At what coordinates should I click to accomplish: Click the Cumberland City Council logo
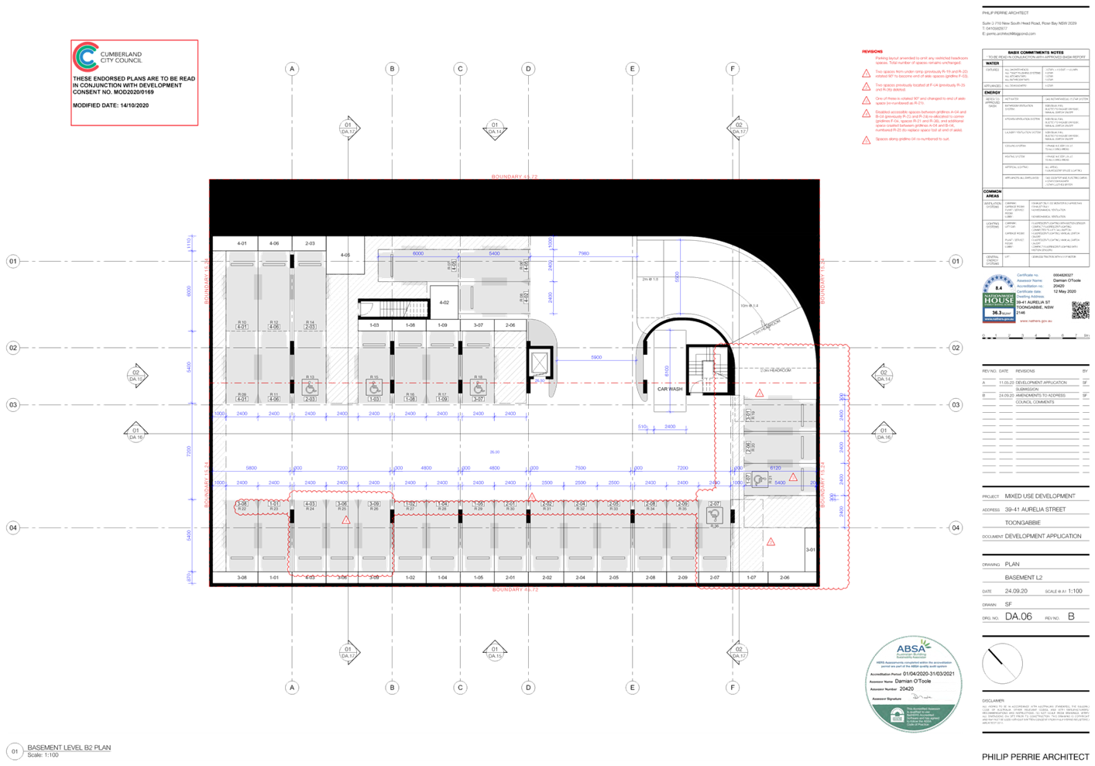[x=85, y=57]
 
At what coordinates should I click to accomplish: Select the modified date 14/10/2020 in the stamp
[x=134, y=105]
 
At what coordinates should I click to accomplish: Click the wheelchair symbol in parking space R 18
[x=478, y=387]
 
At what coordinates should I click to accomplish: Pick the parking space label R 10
[x=242, y=322]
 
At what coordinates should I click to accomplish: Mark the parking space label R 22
[x=242, y=508]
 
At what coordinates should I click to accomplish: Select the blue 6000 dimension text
[x=418, y=253]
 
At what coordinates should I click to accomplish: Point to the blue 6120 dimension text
[x=775, y=468]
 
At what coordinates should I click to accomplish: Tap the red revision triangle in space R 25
[x=346, y=520]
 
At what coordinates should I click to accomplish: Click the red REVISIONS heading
[x=872, y=52]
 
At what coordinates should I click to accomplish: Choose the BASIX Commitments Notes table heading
[x=1035, y=53]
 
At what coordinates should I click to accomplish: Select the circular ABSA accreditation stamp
[x=914, y=683]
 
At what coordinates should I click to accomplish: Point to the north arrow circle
[x=1002, y=665]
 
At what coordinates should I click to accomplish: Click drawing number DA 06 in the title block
[x=1018, y=617]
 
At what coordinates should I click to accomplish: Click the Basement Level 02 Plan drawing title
[x=69, y=748]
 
